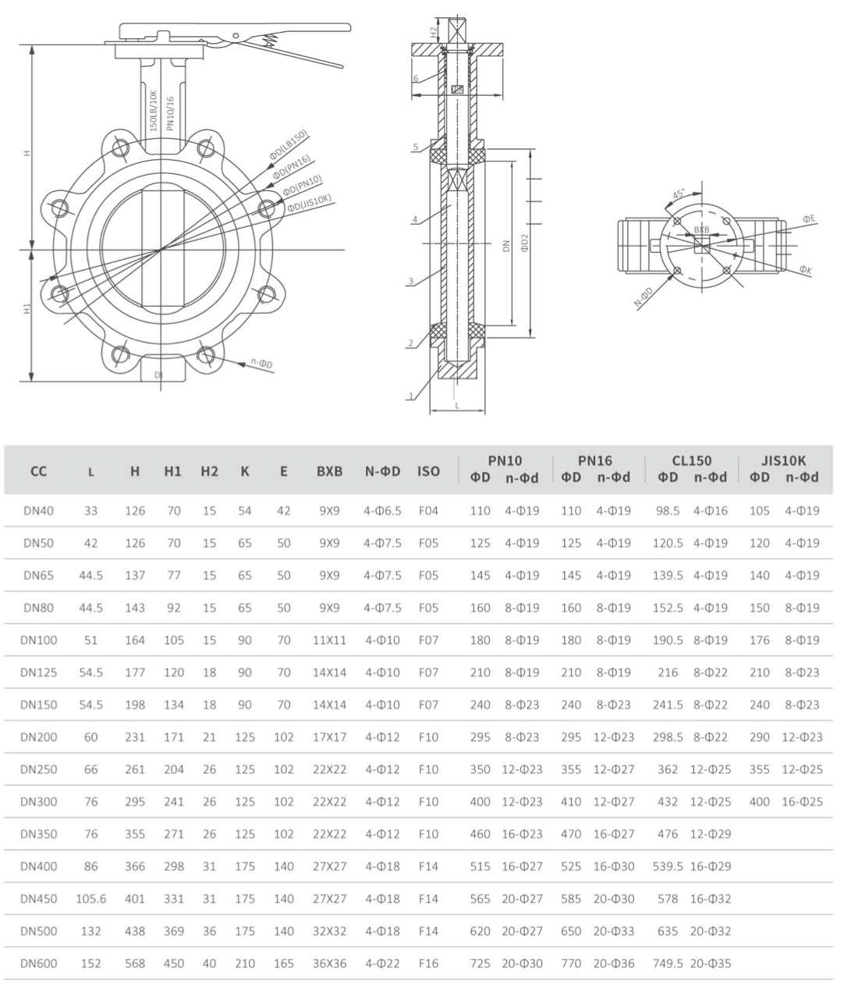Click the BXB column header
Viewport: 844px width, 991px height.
pyautogui.click(x=329, y=471)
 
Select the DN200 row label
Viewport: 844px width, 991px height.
pyautogui.click(x=39, y=737)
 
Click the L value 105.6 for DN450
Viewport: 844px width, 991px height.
pyautogui.click(x=91, y=899)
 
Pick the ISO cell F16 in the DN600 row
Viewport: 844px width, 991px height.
pyautogui.click(x=428, y=964)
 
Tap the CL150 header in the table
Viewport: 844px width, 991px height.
pyautogui.click(x=691, y=460)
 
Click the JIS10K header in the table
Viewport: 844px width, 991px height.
pyautogui.click(x=783, y=460)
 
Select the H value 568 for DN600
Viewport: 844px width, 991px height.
pyautogui.click(x=135, y=964)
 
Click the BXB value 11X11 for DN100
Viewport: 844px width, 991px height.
pyautogui.click(x=329, y=640)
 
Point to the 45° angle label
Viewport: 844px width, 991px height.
pyautogui.click(x=679, y=194)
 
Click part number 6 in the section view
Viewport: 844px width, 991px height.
pyautogui.click(x=416, y=78)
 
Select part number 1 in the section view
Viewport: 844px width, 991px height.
pyautogui.click(x=410, y=396)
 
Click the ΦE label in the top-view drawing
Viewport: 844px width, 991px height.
pyautogui.click(x=809, y=219)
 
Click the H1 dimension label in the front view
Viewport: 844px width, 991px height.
pyautogui.click(x=27, y=310)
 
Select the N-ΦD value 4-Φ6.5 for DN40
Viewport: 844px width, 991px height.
pyautogui.click(x=382, y=511)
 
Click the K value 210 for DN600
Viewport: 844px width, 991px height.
pyautogui.click(x=245, y=964)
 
